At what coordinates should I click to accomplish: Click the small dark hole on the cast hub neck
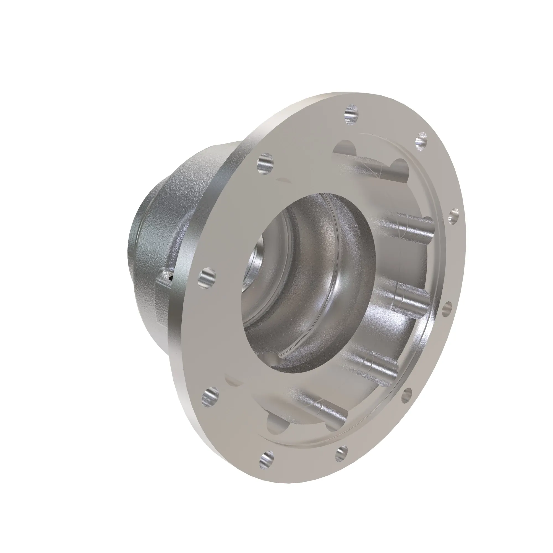(x=171, y=277)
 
